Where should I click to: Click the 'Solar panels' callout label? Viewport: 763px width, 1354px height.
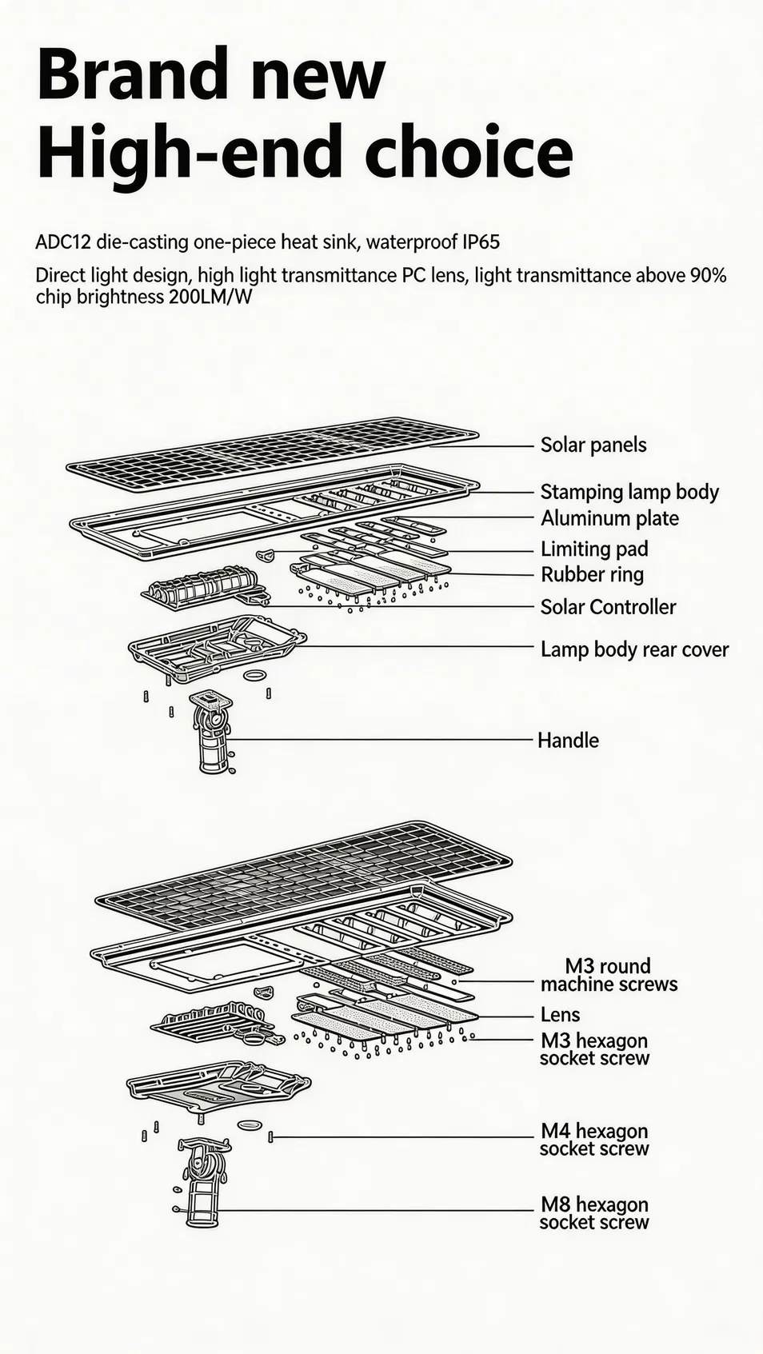tap(593, 445)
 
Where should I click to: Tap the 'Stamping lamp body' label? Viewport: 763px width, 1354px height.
tap(629, 492)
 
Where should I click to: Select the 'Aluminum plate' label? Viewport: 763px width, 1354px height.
tap(609, 518)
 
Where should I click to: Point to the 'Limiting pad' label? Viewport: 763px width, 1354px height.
tap(594, 549)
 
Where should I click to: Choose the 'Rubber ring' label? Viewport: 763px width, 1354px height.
tap(592, 574)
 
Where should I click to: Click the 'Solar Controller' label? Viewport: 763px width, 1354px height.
tap(608, 607)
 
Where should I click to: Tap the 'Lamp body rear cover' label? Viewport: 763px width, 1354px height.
tap(634, 649)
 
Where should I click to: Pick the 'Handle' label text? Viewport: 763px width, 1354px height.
tap(569, 741)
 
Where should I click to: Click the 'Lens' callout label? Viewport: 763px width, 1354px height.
tap(561, 1015)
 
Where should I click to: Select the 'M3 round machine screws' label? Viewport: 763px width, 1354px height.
tap(609, 975)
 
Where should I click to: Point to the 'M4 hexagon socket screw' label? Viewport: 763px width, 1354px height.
tap(594, 1140)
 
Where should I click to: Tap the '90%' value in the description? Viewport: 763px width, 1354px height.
tap(708, 276)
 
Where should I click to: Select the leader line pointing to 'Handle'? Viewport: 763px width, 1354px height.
tap(380, 739)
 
